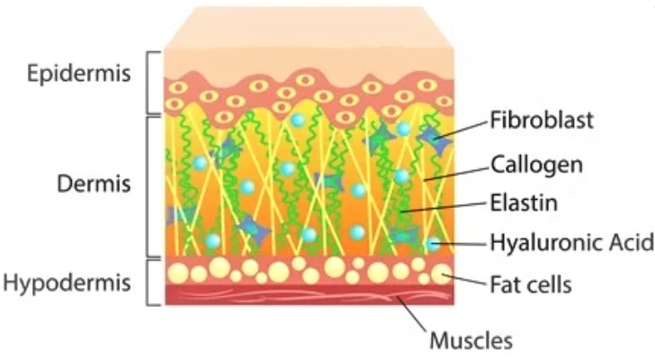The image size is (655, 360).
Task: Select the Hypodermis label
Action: [x=67, y=283]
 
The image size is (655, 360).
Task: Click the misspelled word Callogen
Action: [x=536, y=165]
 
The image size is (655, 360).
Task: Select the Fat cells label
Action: [x=531, y=284]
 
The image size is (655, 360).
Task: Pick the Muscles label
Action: [x=471, y=341]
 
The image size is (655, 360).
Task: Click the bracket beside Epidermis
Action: [x=154, y=78]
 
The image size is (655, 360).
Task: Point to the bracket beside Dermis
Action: [x=152, y=184]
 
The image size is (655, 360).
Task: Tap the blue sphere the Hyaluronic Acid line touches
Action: [x=435, y=242]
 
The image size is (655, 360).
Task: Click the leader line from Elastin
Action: [x=446, y=207]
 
